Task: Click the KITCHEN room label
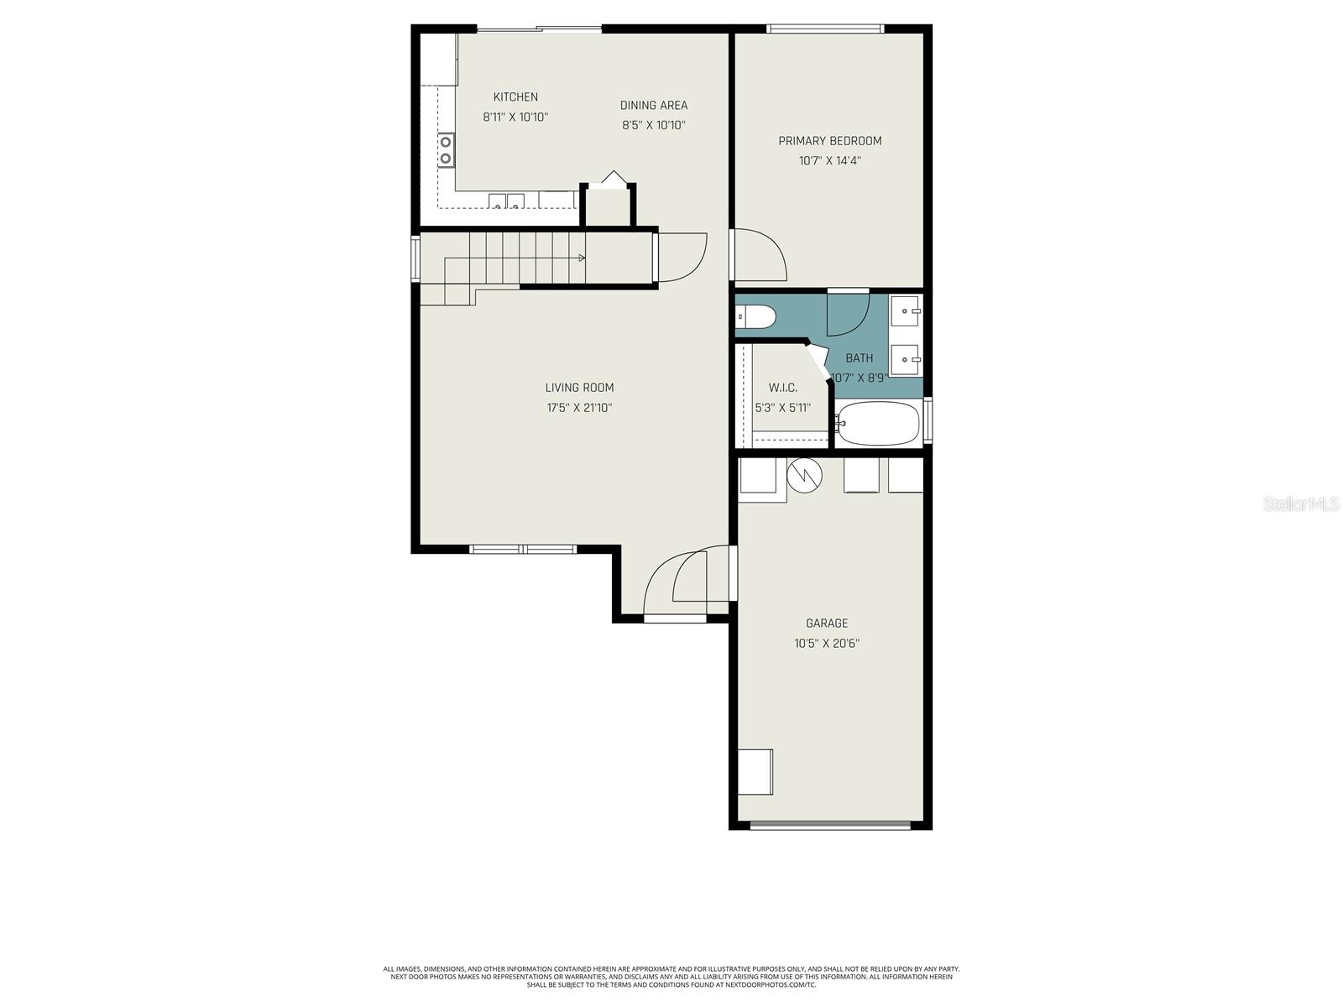[515, 97]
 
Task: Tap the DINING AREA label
[654, 106]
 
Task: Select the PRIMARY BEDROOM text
[829, 141]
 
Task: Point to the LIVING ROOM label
[579, 388]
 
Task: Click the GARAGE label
[827, 624]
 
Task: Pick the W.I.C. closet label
[782, 388]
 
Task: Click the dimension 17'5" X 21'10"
[579, 408]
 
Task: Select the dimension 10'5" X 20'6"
[827, 644]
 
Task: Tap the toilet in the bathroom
[756, 317]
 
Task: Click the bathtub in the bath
[878, 425]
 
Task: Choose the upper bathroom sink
[905, 311]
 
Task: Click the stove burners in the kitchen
[445, 150]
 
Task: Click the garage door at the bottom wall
[830, 825]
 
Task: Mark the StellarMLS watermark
[1300, 504]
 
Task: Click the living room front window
[523, 550]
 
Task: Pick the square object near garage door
[755, 771]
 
